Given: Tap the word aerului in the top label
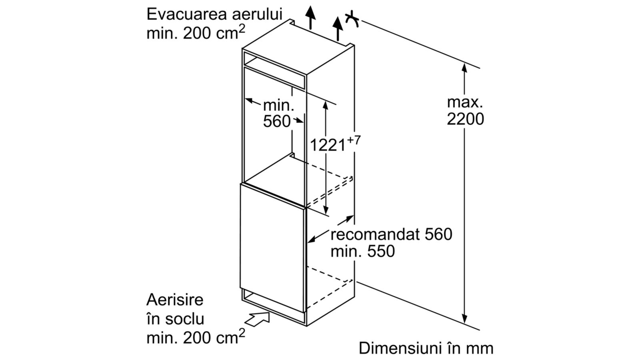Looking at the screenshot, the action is tap(257, 14).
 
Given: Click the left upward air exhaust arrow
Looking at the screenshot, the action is tap(310, 17).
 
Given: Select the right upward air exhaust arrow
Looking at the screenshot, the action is tap(338, 29).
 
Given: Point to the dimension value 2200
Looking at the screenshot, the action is tap(466, 119).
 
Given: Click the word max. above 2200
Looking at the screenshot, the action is tap(465, 102).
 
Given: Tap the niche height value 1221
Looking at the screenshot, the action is tap(328, 145).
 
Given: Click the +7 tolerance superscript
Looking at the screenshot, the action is tap(354, 140).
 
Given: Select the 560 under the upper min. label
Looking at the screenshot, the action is tap(276, 122).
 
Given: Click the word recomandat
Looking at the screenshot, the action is tap(375, 234).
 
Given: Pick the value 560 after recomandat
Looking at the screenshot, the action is tap(438, 234).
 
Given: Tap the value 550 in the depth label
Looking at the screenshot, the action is tap(381, 252).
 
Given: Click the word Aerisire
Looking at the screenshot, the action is tap(175, 300).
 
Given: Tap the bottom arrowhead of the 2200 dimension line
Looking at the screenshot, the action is tap(464, 318).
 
